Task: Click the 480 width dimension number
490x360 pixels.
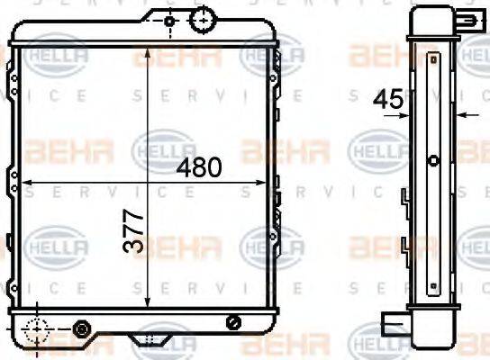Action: (x=199, y=167)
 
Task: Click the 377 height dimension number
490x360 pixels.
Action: (x=133, y=230)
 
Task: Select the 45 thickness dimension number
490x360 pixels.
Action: (x=388, y=100)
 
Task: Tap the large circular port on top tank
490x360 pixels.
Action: (x=204, y=20)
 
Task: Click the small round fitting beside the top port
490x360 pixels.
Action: (x=169, y=22)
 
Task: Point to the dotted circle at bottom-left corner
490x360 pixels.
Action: (x=37, y=329)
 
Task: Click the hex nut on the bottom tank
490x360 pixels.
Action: (x=81, y=328)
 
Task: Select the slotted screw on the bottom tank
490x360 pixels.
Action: (x=233, y=322)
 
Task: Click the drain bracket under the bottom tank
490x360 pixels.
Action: (x=150, y=339)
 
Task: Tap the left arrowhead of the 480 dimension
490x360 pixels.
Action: (x=25, y=183)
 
